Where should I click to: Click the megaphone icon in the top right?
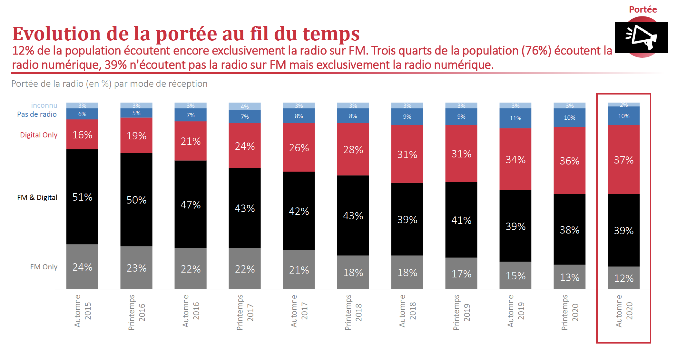(x=642, y=37)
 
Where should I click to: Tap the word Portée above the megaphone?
(x=643, y=9)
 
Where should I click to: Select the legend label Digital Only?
(x=39, y=135)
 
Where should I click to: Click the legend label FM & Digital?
(x=37, y=197)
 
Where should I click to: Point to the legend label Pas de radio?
(x=37, y=114)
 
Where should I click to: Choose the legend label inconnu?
(x=44, y=105)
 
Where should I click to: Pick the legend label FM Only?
(x=44, y=267)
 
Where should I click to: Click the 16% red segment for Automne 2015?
(x=82, y=135)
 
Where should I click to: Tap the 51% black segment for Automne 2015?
(x=82, y=197)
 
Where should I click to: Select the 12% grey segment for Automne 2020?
(x=623, y=278)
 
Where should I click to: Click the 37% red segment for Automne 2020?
(x=623, y=160)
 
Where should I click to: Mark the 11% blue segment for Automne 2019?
(x=515, y=118)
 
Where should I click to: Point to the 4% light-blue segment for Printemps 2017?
(x=245, y=106)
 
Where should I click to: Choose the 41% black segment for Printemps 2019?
(x=461, y=220)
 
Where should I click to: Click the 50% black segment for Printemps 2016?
(x=136, y=200)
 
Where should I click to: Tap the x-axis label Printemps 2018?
(x=353, y=312)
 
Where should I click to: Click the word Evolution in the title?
(x=57, y=34)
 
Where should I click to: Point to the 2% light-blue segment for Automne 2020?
(x=623, y=105)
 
